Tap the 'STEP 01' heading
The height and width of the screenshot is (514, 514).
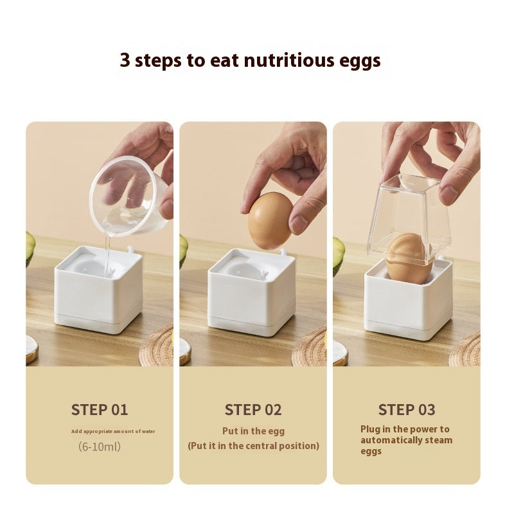click(100, 410)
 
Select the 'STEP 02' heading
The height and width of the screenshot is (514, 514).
click(253, 410)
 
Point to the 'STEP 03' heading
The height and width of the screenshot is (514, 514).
click(407, 410)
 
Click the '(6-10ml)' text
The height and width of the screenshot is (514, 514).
click(100, 446)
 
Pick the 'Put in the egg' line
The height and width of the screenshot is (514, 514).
click(253, 431)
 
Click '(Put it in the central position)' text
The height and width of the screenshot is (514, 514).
click(253, 446)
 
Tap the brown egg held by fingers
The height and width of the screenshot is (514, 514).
click(270, 220)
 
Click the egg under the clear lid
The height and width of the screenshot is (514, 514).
click(409, 258)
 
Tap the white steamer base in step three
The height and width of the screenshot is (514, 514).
click(409, 302)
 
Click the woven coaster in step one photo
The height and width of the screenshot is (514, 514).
click(159, 348)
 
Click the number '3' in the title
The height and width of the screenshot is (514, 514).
click(125, 61)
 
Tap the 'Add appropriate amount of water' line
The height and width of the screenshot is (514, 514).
click(113, 431)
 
